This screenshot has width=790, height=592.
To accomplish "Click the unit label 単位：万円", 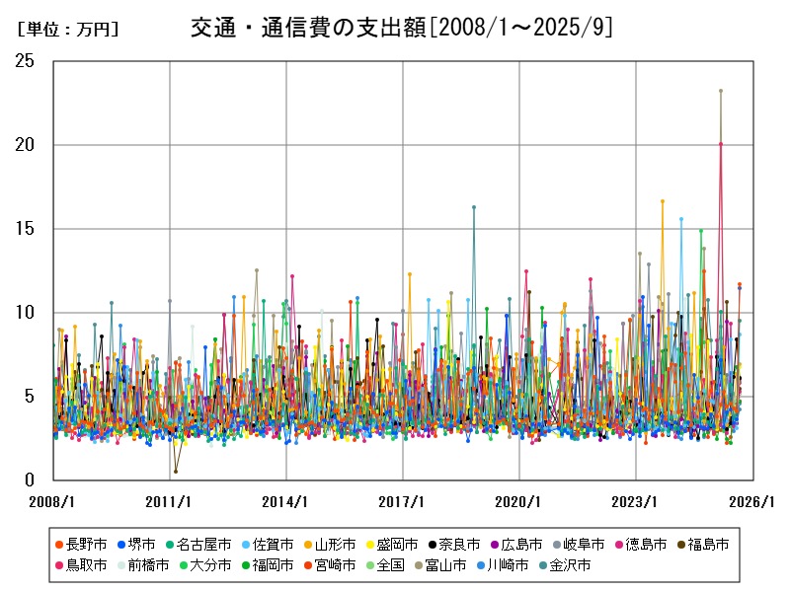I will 67,30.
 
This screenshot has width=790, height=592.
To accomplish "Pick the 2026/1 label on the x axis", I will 753,501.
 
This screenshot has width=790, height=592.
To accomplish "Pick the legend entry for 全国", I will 391,565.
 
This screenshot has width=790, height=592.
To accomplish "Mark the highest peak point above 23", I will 721,91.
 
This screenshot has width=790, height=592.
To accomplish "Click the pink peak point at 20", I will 721,144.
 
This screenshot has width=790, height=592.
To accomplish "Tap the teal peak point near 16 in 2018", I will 474,207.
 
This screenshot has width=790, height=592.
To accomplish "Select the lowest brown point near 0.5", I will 176,472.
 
